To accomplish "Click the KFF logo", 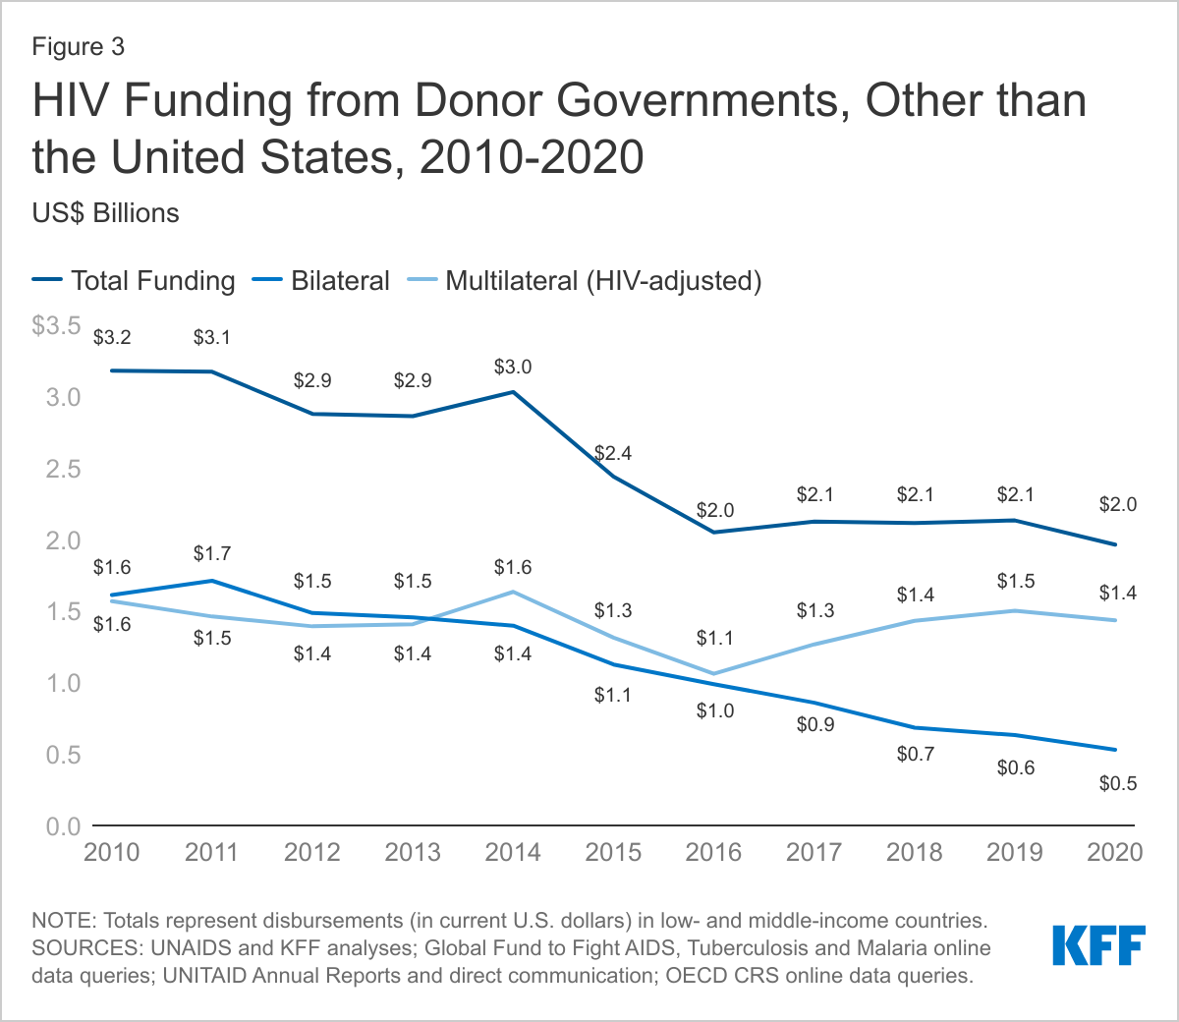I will coord(1098,944).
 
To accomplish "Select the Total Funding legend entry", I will coord(152,281).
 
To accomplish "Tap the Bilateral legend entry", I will coord(340,281).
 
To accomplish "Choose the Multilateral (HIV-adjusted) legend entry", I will coord(603,281).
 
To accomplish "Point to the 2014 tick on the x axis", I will coord(513,851).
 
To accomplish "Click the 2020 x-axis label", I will coord(1115,851).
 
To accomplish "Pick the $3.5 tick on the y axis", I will coord(57,325).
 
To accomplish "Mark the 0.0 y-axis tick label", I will coord(62,827).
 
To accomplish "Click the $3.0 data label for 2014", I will coord(513,367).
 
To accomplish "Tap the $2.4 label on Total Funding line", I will coord(613,453).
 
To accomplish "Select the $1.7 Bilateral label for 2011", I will coord(212,554).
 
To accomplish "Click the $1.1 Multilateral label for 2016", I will coord(714,638).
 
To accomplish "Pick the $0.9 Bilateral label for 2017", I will coord(815,724).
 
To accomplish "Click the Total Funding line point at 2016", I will coord(713,532).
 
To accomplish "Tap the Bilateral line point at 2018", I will coord(915,727).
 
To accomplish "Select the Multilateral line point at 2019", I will coord(1015,610).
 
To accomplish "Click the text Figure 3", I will coord(79,46).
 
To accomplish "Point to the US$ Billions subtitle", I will coord(106,213).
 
